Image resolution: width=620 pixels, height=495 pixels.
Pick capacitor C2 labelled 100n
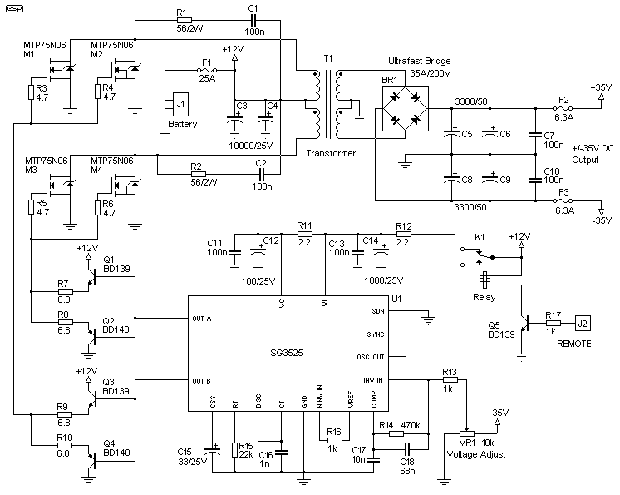[260, 175]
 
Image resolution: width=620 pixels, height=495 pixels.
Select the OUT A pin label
[203, 318]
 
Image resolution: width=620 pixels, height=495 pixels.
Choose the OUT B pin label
[203, 381]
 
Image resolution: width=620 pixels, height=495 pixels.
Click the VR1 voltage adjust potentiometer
[466, 433]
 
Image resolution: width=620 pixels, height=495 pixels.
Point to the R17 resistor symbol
[551, 323]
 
